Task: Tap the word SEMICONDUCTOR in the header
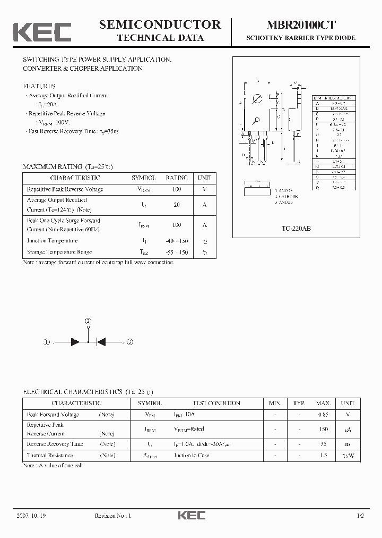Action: click(x=160, y=24)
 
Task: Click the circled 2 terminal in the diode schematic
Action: click(x=88, y=321)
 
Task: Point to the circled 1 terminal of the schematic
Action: click(x=47, y=343)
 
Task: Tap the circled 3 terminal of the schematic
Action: click(x=130, y=343)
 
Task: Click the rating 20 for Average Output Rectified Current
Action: click(x=177, y=205)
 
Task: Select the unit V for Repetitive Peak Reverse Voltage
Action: click(x=204, y=189)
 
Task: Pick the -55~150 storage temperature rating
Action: click(x=177, y=252)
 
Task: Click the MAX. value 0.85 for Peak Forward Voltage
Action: click(x=323, y=415)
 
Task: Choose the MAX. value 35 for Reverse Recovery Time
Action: click(x=323, y=444)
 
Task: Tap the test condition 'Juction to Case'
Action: click(x=191, y=456)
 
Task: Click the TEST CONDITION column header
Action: click(x=216, y=404)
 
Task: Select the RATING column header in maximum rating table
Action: click(x=177, y=178)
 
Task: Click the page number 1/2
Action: click(x=360, y=516)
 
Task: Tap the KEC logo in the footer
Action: click(x=191, y=516)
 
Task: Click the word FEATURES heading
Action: click(x=39, y=86)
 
